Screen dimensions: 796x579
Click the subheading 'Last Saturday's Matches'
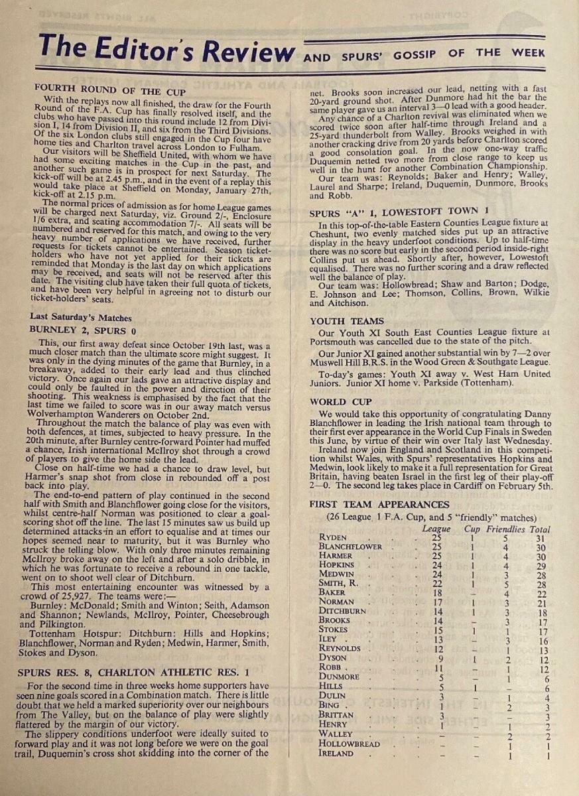(x=81, y=318)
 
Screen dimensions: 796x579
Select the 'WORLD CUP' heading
(x=339, y=402)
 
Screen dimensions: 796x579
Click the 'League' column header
(x=436, y=529)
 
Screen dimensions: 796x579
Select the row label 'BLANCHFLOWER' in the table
(x=351, y=547)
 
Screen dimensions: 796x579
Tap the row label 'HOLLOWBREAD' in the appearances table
(x=350, y=744)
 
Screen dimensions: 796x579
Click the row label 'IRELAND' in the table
(x=336, y=754)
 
